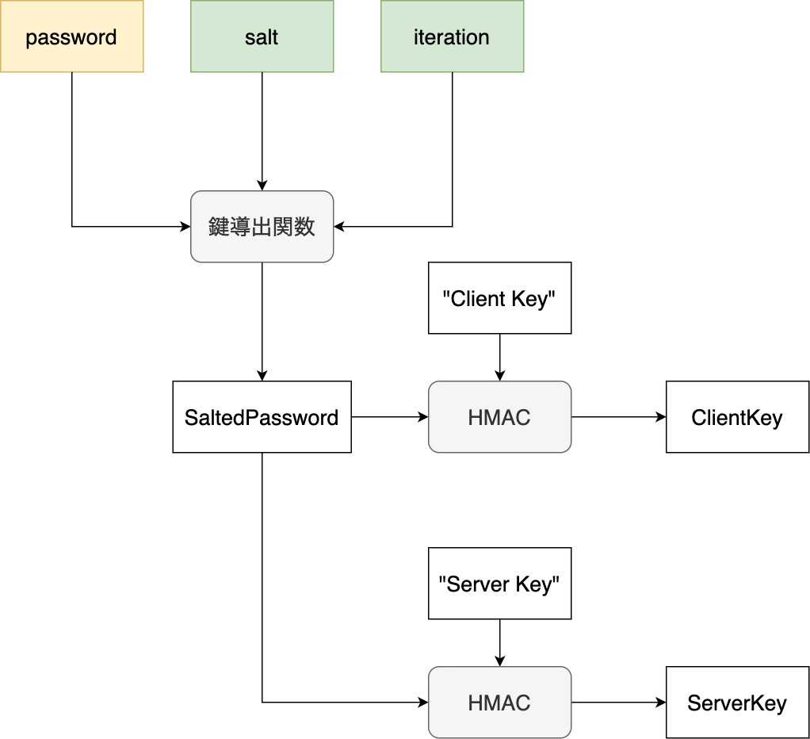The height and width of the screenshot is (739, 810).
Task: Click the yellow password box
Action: click(x=71, y=36)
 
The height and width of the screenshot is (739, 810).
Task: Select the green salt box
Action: click(x=262, y=36)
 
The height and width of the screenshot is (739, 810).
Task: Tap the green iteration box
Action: click(x=452, y=36)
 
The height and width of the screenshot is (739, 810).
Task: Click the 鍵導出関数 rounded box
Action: click(x=262, y=227)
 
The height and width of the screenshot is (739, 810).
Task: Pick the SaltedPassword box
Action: click(x=262, y=417)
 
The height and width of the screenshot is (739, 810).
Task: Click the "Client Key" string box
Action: click(x=499, y=298)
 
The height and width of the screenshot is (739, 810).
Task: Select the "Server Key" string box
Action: click(x=499, y=584)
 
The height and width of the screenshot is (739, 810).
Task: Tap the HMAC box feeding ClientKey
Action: click(x=499, y=417)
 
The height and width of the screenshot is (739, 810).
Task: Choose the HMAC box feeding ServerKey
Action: click(x=499, y=703)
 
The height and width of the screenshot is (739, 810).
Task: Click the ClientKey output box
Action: click(x=737, y=417)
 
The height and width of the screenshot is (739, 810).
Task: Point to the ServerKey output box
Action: click(x=737, y=703)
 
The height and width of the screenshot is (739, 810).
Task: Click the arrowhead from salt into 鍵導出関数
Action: click(x=262, y=185)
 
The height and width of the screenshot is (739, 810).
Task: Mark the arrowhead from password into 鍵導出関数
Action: click(x=185, y=227)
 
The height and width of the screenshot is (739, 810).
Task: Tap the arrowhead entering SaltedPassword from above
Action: click(x=262, y=375)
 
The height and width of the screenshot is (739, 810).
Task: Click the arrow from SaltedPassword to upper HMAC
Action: click(x=388, y=417)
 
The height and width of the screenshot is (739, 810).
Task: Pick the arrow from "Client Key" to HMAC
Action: click(x=499, y=357)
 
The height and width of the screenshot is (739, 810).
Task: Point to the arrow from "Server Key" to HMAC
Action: click(x=499, y=642)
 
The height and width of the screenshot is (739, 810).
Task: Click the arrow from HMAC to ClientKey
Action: click(x=618, y=417)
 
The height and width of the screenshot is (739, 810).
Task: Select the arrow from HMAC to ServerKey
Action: click(x=618, y=703)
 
